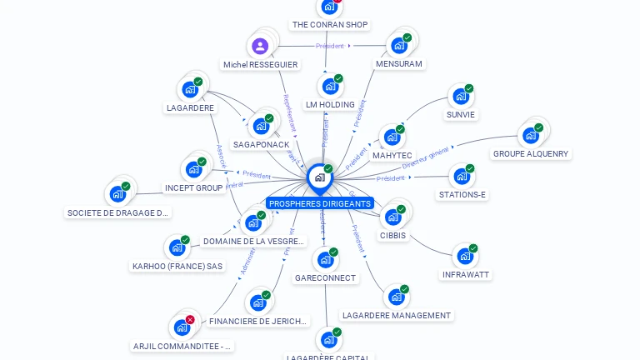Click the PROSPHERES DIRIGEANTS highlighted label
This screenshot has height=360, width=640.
pyautogui.click(x=320, y=203)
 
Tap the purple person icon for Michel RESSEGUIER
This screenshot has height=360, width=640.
pyautogui.click(x=260, y=47)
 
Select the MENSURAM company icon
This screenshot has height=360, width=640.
pyautogui.click(x=399, y=46)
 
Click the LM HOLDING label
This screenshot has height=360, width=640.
pyautogui.click(x=330, y=105)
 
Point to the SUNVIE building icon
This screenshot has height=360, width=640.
pyautogui.click(x=460, y=97)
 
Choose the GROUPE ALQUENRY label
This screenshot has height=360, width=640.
pyautogui.click(x=531, y=153)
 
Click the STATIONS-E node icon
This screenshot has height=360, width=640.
pyautogui.click(x=462, y=177)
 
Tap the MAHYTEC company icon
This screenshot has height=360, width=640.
pyautogui.click(x=392, y=137)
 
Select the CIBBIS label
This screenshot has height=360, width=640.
pyautogui.click(x=392, y=235)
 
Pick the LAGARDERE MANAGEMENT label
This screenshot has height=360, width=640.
pyautogui.click(x=397, y=316)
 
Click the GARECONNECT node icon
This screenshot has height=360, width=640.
pyautogui.click(x=325, y=261)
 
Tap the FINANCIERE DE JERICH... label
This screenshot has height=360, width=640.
pyautogui.click(x=258, y=321)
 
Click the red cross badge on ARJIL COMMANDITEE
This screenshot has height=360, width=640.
pyautogui.click(x=190, y=319)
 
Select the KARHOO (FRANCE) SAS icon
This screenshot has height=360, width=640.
pyautogui.click(x=177, y=248)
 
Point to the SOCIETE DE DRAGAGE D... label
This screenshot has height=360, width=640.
pyautogui.click(x=118, y=213)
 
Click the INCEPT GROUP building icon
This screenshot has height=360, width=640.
pyautogui.click(x=194, y=169)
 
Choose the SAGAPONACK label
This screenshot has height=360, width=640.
pyautogui.click(x=261, y=145)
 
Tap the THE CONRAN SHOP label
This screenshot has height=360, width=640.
pyautogui.click(x=330, y=25)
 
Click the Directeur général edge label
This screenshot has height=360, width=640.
pyautogui.click(x=426, y=157)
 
